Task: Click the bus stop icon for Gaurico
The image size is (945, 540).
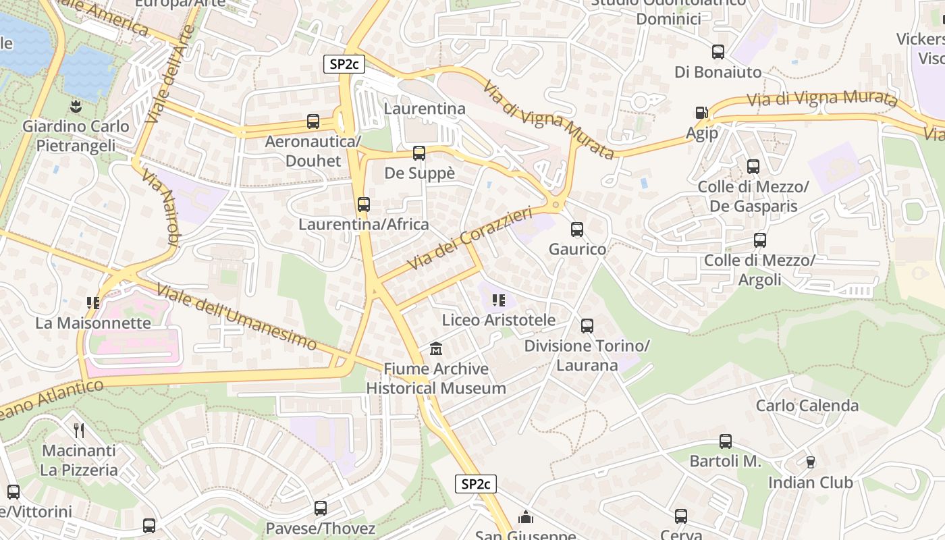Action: [577, 230]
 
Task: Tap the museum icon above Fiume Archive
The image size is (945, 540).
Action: [436, 350]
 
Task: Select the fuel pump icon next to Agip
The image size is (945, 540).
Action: [702, 113]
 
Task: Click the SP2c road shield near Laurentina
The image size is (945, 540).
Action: [344, 64]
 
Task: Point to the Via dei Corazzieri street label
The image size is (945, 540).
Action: [470, 240]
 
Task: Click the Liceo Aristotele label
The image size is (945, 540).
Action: [499, 320]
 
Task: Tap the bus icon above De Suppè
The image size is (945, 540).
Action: [419, 153]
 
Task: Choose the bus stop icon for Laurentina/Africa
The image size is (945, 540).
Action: [364, 205]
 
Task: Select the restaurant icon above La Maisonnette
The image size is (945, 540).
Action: [93, 303]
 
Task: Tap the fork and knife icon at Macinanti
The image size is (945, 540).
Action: [80, 430]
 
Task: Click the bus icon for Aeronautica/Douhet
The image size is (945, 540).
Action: [313, 122]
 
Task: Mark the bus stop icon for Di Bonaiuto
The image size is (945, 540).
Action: [718, 52]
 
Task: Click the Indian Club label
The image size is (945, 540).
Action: [810, 483]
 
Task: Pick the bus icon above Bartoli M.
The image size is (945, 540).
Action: [726, 441]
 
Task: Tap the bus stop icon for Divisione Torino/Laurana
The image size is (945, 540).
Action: [587, 326]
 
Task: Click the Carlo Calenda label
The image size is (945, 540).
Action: [807, 406]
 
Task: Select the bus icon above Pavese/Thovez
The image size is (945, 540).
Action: [321, 508]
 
